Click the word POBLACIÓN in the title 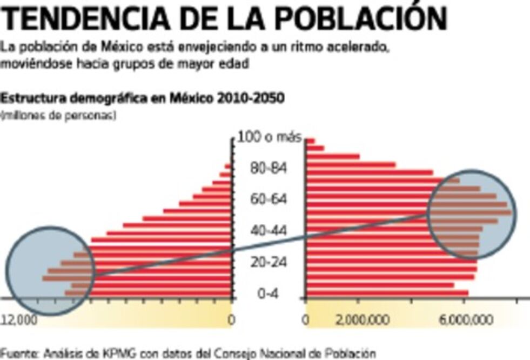357,19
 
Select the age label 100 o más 269,138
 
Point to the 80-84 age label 269,169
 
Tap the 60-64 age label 269,200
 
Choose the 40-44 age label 269,231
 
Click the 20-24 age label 269,263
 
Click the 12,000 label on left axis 19,320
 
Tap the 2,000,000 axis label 362,320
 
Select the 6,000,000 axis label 465,320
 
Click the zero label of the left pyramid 231,320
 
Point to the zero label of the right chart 306,320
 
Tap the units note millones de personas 58,115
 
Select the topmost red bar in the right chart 310,141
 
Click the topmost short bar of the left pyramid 228,166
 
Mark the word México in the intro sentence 120,47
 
